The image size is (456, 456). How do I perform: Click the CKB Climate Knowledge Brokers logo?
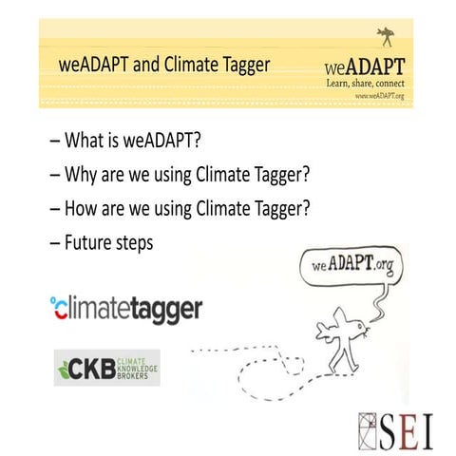106,366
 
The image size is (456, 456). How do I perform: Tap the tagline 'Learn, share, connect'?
367,84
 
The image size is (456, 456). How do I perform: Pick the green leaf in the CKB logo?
67,367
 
